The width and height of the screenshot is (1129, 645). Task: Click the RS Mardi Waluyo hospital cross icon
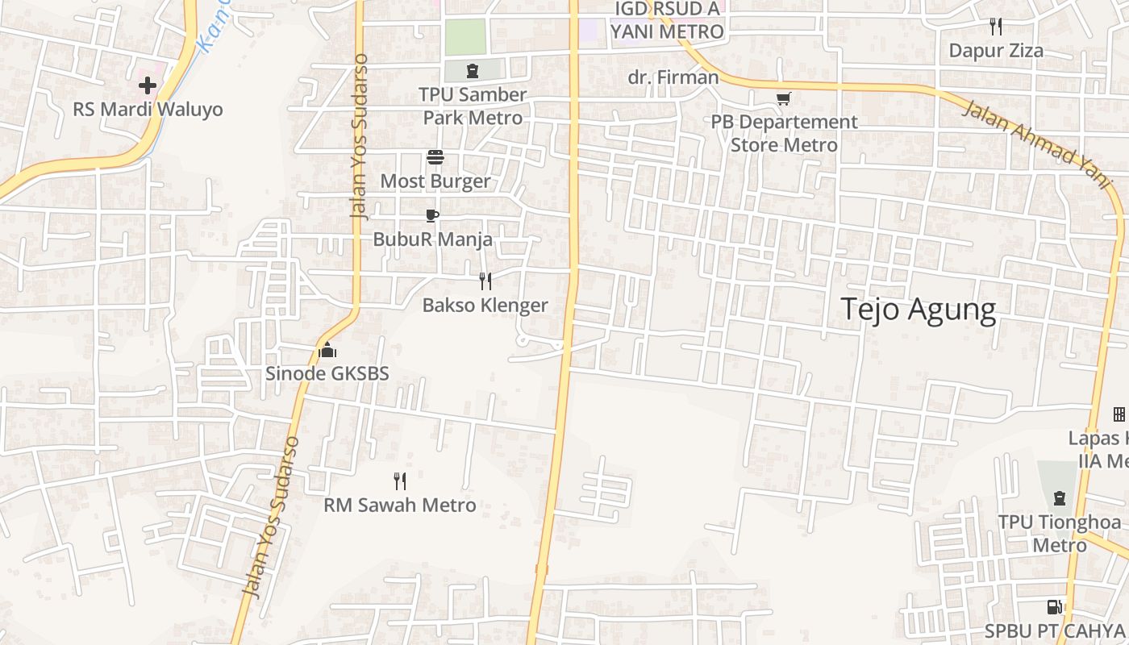pos(147,85)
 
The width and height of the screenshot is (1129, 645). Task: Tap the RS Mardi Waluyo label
pos(148,109)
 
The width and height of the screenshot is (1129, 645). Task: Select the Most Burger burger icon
pos(435,156)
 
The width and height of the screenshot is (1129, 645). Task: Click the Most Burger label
pos(435,181)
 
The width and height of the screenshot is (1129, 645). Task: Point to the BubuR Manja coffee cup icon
pos(432,215)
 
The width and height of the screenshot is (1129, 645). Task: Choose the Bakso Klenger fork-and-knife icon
pos(485,281)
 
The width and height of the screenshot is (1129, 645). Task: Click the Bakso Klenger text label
pos(485,305)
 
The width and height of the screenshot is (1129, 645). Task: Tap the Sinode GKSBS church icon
pos(327,350)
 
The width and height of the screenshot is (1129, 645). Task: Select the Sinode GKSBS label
pos(327,373)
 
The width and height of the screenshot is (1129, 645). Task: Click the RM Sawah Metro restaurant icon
pos(399,481)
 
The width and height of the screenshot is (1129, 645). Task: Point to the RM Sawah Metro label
pos(400,506)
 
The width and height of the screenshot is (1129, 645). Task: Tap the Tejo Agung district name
pos(919,310)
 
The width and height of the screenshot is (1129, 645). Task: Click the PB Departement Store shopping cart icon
pos(783,98)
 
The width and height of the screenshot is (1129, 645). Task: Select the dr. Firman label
pos(673,77)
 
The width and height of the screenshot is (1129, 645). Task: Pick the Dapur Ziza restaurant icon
pos(996,27)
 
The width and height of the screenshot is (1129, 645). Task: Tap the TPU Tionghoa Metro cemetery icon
pos(1060,498)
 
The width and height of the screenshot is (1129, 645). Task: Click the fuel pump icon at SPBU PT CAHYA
pos(1054,606)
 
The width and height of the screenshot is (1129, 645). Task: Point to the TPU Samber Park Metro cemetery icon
pos(472,70)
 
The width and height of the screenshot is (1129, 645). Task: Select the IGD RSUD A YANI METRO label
pos(667,20)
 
